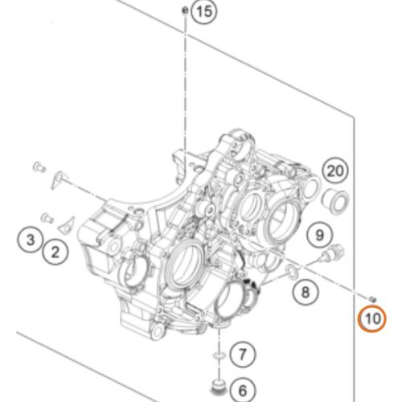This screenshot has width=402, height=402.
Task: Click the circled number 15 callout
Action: click(205, 11)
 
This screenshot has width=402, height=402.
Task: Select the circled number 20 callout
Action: click(335, 171)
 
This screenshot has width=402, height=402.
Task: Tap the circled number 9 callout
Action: click(320, 235)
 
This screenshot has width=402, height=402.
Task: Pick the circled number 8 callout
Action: click(306, 292)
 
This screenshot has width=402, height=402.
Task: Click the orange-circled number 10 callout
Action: click(373, 318)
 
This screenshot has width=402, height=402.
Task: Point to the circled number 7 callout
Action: click(242, 355)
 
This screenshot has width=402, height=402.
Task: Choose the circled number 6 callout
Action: click(243, 391)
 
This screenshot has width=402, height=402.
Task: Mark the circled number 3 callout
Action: click(31, 239)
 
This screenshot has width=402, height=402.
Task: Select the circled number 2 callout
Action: click(55, 252)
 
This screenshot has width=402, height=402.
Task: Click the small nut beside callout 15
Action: click(184, 10)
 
